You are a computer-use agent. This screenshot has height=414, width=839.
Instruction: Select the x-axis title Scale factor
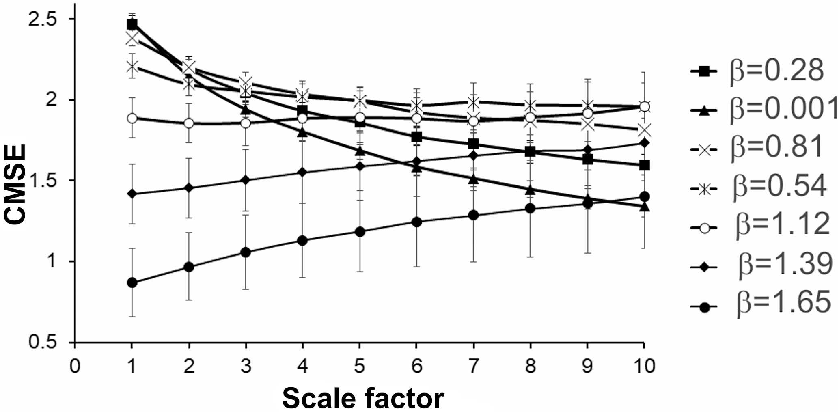point(363,398)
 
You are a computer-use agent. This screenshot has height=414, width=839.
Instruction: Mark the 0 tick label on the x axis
point(74,366)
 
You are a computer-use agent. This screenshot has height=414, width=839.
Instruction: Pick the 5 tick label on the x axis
point(359,366)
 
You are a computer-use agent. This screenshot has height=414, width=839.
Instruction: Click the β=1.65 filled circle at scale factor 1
point(132,282)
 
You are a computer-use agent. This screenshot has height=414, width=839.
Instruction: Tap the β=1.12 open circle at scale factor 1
point(132,119)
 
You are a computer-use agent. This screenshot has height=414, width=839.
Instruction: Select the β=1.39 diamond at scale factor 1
point(132,194)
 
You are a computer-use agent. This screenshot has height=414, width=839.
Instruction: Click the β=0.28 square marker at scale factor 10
point(644,165)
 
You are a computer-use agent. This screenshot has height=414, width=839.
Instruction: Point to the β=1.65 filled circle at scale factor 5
point(360,232)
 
